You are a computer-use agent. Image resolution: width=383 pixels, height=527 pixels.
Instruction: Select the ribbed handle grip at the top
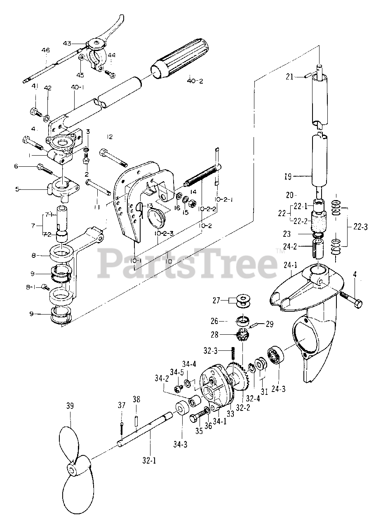coord(183,58)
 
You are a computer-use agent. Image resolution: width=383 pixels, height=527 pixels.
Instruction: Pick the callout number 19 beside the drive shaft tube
coord(287,177)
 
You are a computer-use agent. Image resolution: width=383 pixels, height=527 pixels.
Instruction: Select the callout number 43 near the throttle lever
coord(67,43)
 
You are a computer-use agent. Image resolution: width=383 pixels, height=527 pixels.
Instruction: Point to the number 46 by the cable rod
coord(45,50)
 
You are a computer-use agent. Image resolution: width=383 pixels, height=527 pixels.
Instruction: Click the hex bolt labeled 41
coord(35,111)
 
